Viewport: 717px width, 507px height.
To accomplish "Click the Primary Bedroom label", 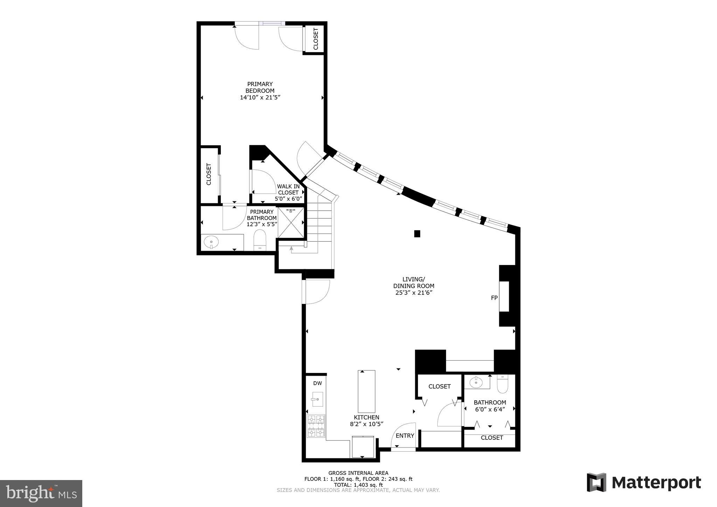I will (259, 87).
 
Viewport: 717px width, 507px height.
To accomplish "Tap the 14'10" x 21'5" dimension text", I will (260, 98).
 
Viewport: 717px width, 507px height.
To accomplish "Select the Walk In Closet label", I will (288, 189).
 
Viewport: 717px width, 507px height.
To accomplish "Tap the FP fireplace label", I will (494, 298).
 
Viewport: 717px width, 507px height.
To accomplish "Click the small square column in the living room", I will (417, 234).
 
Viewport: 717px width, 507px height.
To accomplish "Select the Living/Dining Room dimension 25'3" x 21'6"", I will (413, 293).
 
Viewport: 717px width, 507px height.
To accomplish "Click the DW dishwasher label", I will (317, 383).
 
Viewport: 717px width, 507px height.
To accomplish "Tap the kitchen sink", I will (317, 400).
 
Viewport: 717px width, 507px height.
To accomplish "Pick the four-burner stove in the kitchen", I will (316, 426).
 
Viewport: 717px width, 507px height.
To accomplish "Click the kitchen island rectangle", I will (366, 391).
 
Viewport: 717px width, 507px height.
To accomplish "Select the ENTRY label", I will (405, 436).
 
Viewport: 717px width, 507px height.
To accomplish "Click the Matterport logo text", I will (656, 483).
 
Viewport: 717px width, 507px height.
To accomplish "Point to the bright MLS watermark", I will (41, 493).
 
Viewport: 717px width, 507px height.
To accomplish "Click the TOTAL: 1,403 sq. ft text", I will (358, 485).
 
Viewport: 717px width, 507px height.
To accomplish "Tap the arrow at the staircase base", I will (291, 249).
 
